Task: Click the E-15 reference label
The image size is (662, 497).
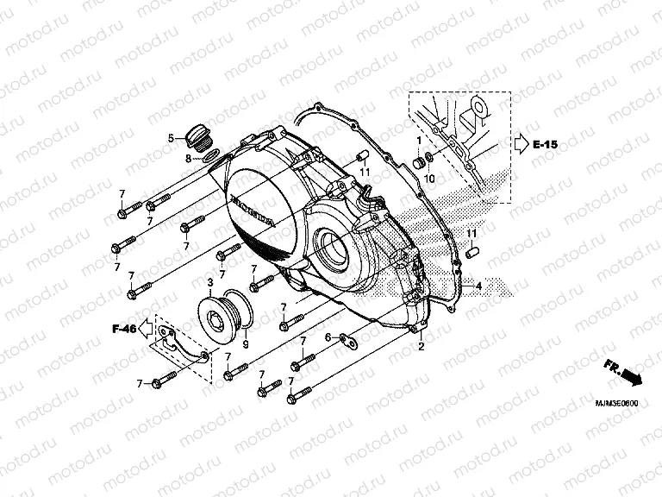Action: point(546,145)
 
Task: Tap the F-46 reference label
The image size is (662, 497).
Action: point(125,329)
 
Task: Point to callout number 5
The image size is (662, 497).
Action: point(172,138)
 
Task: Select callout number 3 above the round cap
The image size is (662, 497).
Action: point(209,282)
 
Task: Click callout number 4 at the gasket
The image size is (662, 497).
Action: point(478,284)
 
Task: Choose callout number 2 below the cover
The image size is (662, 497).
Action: point(422,346)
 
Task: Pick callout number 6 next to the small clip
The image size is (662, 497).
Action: point(328,337)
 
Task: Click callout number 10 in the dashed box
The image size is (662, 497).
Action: point(429,178)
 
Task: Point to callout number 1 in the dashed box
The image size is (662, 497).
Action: point(420,139)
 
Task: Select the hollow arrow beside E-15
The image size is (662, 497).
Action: point(521,145)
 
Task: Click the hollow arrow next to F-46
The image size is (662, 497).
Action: point(144,328)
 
